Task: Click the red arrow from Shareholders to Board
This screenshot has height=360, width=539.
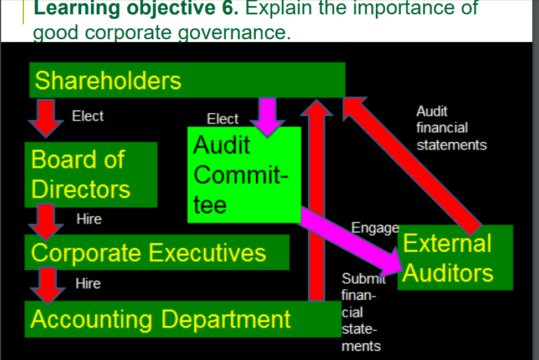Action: point(46,117)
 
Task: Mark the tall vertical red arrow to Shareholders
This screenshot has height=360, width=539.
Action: point(316,199)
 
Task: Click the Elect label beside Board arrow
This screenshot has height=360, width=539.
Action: point(87,116)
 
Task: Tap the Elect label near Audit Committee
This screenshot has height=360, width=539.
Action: point(222,119)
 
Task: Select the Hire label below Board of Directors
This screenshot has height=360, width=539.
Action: point(89,219)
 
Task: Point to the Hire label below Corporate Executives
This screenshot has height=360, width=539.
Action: point(88,284)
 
